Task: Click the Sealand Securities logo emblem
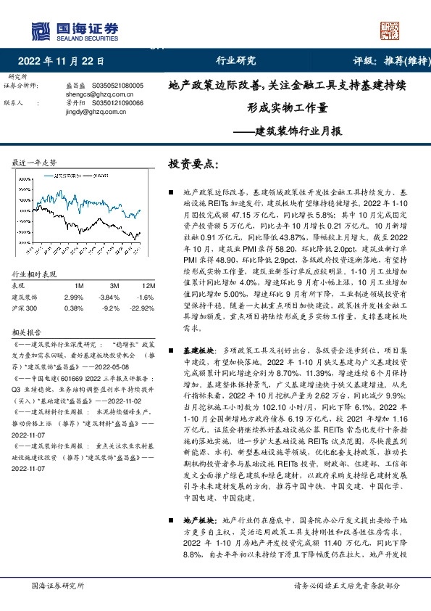pyautogui.click(x=41, y=30)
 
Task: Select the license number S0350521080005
pyautogui.click(x=118, y=86)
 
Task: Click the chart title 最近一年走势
pyautogui.click(x=35, y=162)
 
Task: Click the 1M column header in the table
pyautogui.click(x=80, y=286)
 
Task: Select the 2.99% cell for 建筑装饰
pyautogui.click(x=74, y=298)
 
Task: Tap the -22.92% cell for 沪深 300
pyautogui.click(x=141, y=308)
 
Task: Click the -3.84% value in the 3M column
pyautogui.click(x=108, y=298)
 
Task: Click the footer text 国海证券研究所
pyautogui.click(x=59, y=586)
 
